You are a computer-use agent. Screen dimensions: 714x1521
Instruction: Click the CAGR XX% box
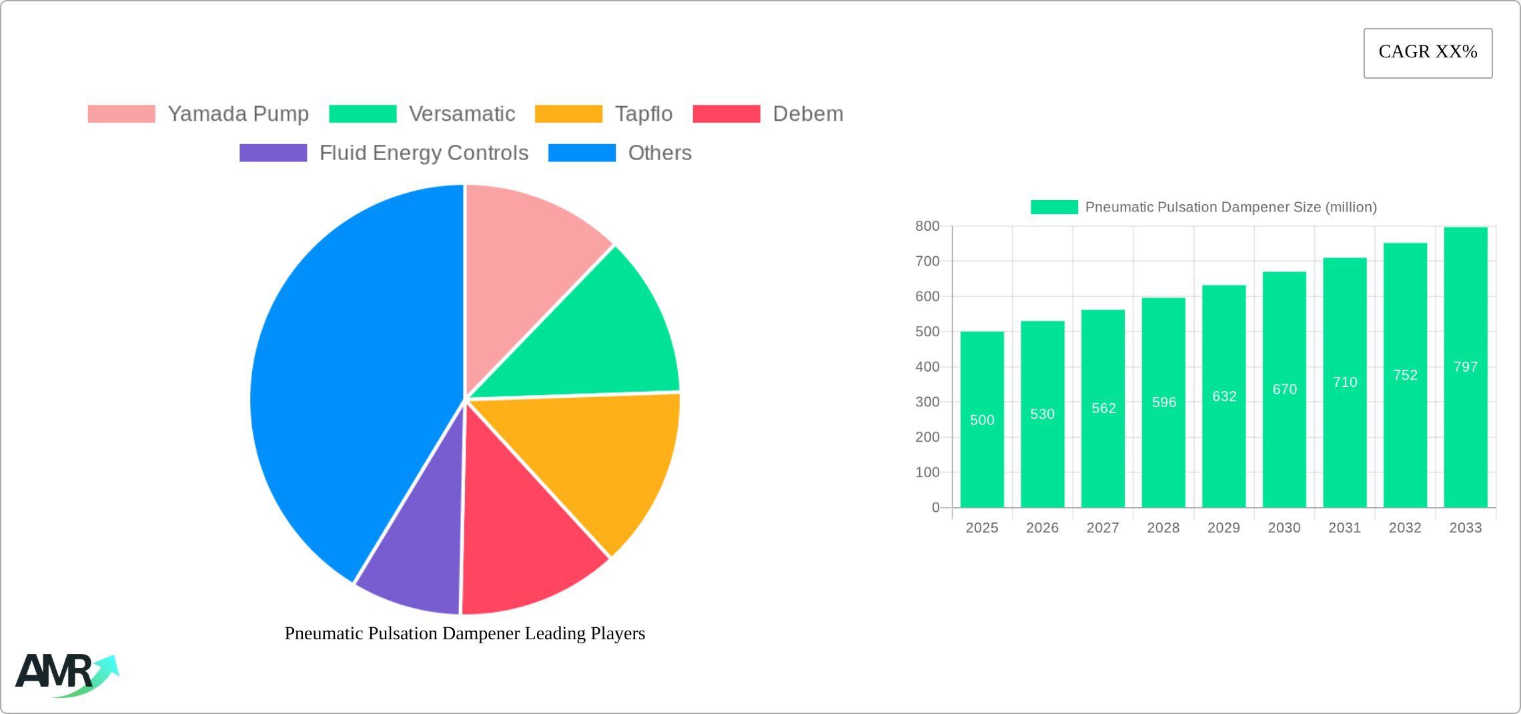[1428, 53]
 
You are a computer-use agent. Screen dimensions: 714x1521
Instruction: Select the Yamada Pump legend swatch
[121, 114]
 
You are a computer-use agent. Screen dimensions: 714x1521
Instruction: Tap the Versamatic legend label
[462, 114]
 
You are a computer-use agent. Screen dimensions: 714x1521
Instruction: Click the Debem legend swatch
[726, 114]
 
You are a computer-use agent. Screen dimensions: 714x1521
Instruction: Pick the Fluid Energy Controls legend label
[424, 153]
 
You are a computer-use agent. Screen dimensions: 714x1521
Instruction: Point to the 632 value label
[1224, 396]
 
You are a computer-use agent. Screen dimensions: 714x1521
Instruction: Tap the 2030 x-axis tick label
[1284, 528]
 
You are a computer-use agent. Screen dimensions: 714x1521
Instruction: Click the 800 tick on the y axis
[927, 226]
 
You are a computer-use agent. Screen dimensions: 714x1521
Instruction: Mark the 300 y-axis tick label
[927, 402]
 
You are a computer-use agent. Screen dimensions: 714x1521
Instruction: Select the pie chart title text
[465, 633]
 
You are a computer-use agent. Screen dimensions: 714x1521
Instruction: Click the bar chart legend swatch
[1054, 208]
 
